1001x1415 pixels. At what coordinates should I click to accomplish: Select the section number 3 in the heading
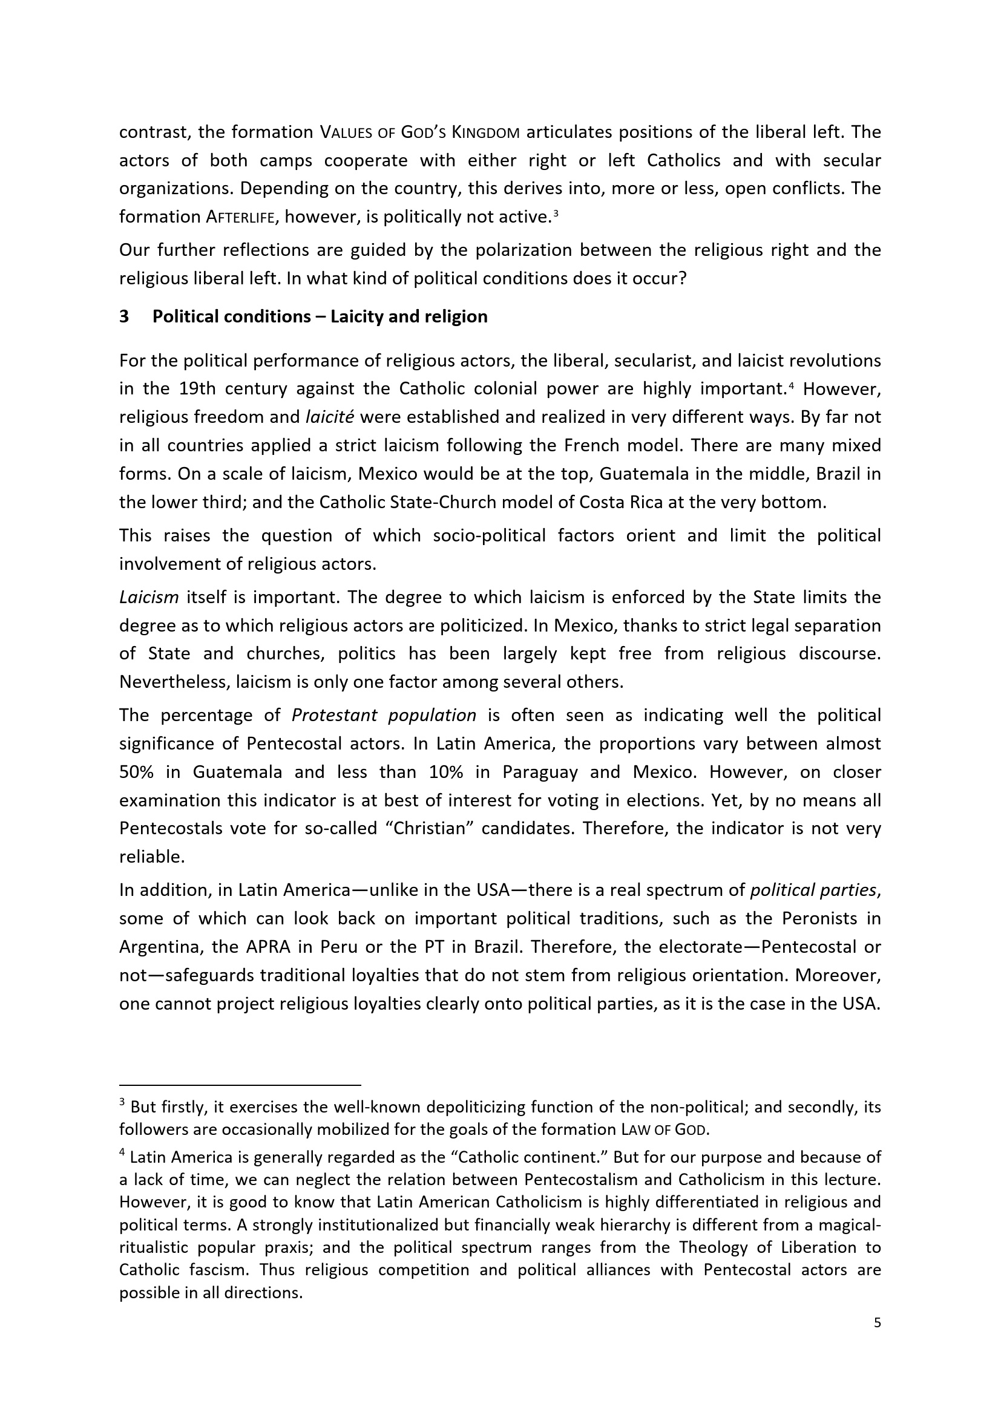tap(124, 317)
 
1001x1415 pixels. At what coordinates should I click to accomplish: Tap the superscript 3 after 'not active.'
tap(556, 213)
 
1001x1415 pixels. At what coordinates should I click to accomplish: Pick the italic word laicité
tap(329, 417)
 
